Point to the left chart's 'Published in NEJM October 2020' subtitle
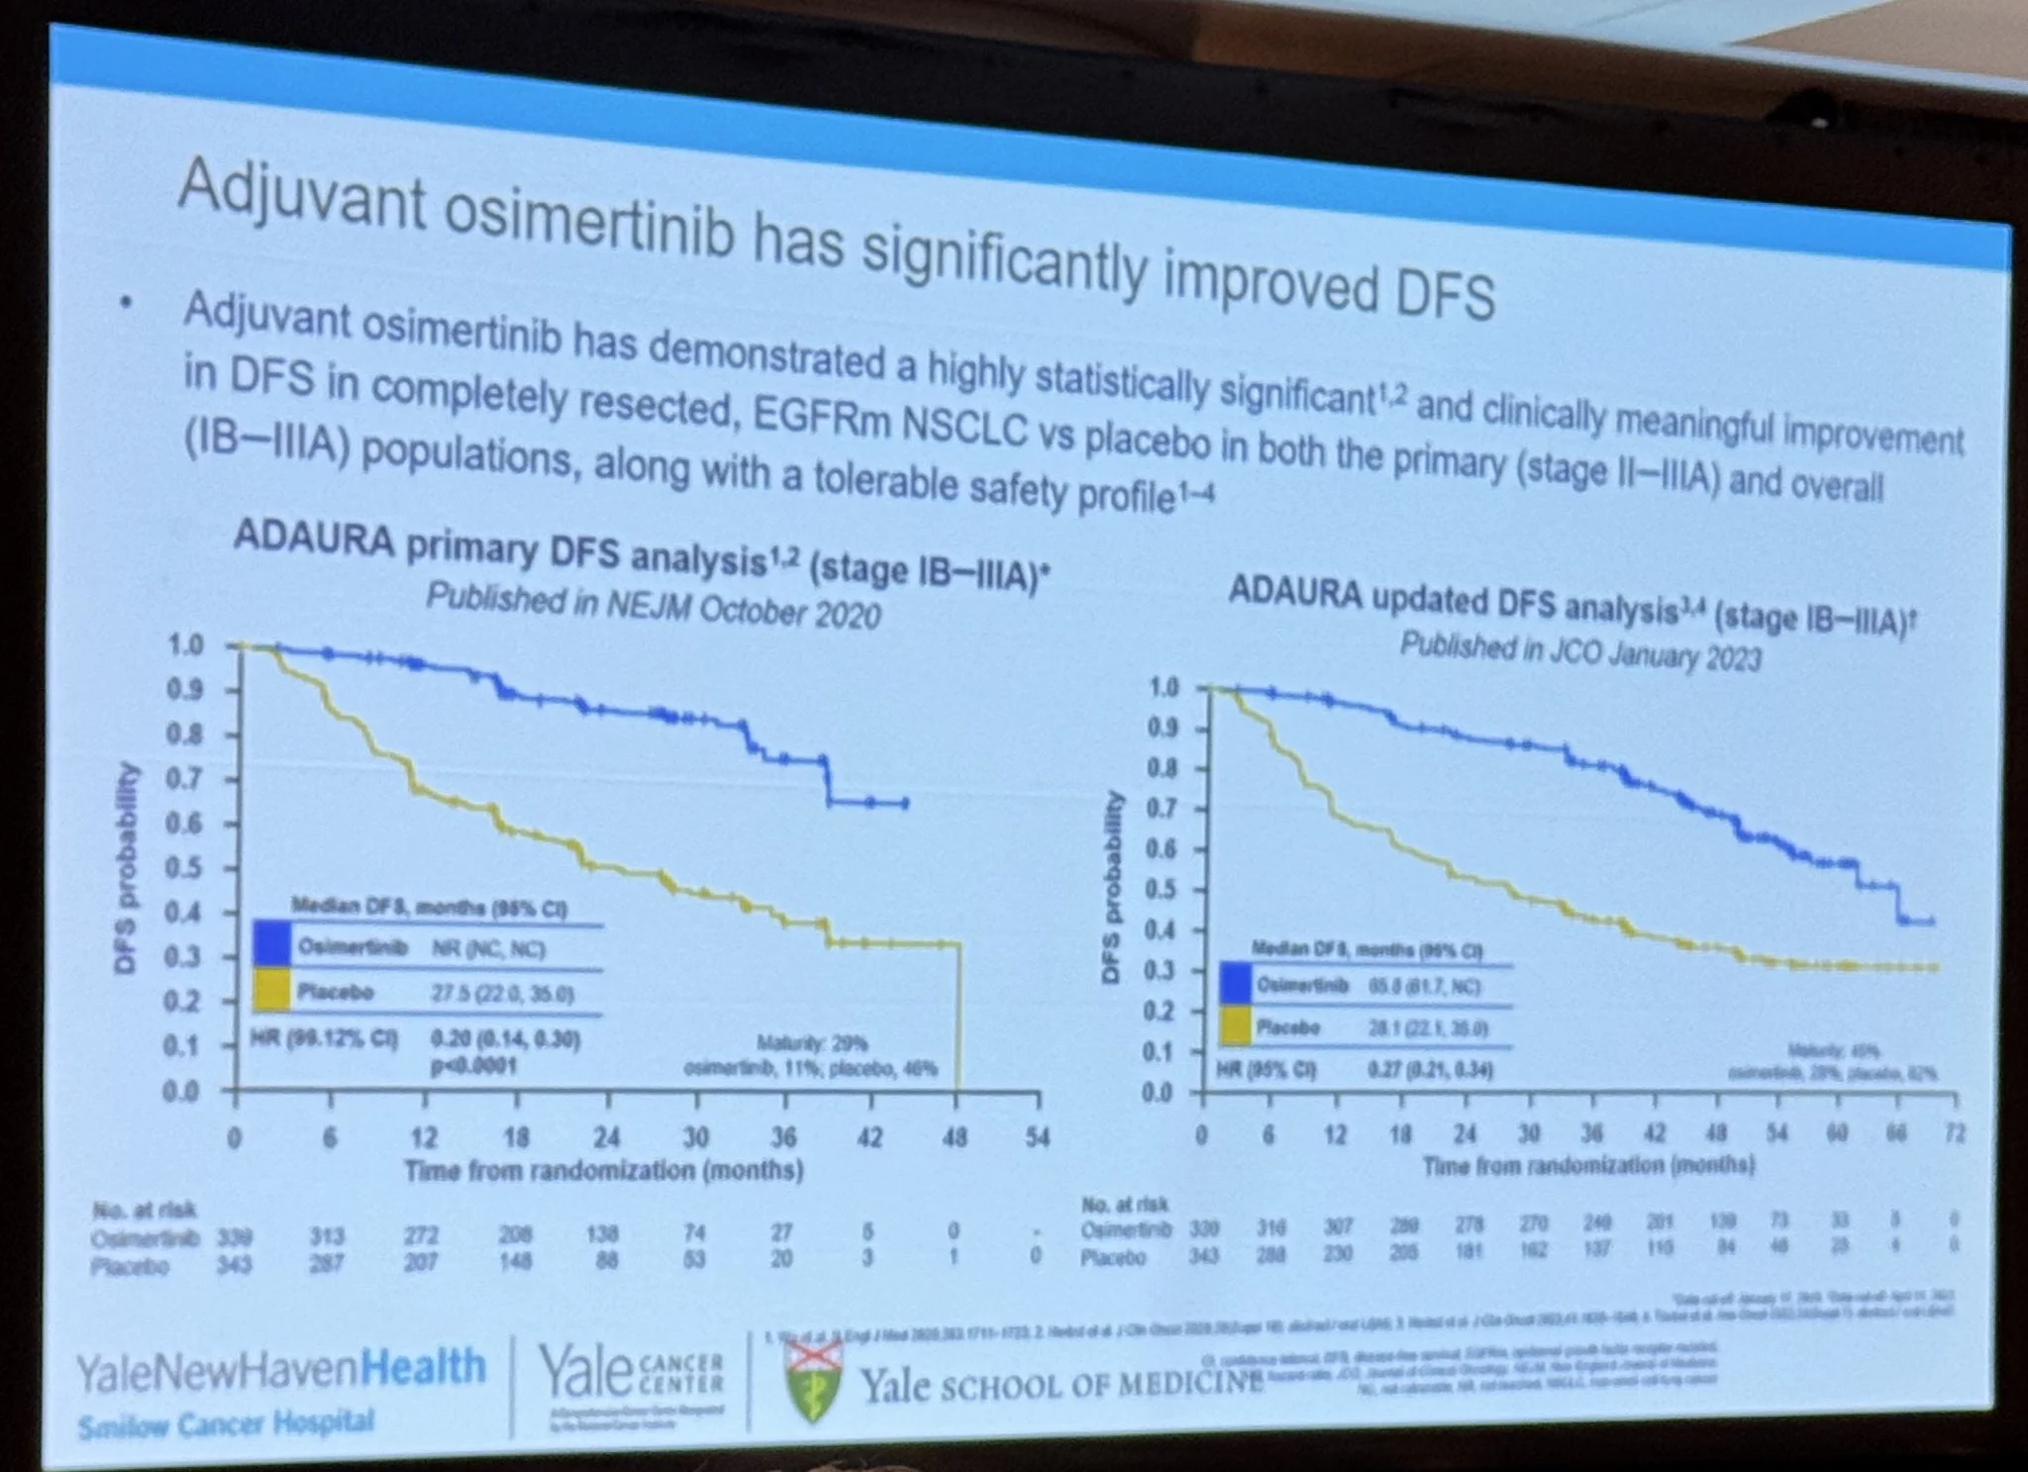pos(652,606)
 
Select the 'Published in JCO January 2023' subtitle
pos(1579,652)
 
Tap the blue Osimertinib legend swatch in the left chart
pos(271,944)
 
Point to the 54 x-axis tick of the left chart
pos(1036,1137)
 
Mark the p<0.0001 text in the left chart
pos(473,1065)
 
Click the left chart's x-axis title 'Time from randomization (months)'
pos(603,1170)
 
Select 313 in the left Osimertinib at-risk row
pos(327,1235)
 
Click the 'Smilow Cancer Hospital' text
pos(226,1423)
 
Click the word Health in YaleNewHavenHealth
pos(423,1367)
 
